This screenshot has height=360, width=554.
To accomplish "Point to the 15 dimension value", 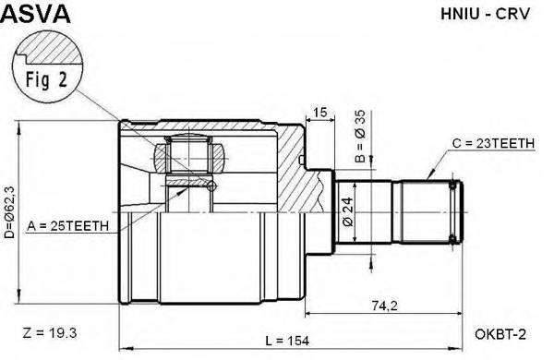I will tap(320, 113).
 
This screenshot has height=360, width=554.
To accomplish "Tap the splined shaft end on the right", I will tap(428, 210).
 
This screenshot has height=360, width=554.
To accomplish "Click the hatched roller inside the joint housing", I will tap(190, 152).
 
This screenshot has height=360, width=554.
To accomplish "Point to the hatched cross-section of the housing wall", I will tap(291, 166).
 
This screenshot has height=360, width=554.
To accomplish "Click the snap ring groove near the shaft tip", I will tap(452, 210).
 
